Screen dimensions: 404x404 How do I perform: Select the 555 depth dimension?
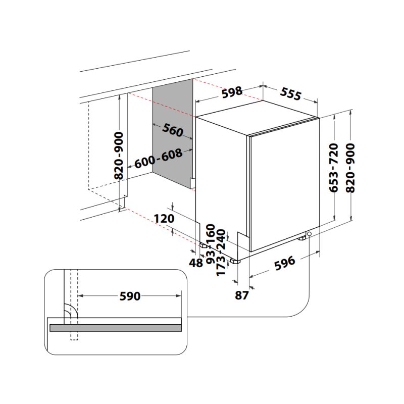(291, 93)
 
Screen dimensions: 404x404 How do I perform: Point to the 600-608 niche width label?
(158, 159)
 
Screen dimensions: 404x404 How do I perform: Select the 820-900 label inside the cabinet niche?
(119, 156)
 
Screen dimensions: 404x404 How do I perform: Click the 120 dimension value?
(164, 219)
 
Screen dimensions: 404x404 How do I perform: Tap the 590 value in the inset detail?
(130, 296)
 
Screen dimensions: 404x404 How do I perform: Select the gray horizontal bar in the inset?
(115, 328)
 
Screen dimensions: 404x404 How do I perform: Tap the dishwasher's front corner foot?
(235, 261)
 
